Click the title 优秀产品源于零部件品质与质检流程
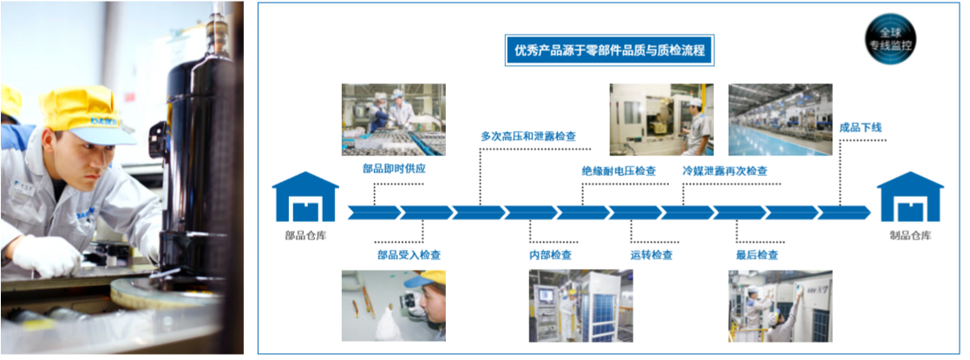(609, 50)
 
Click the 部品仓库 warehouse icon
(305, 197)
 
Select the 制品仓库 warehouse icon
(909, 197)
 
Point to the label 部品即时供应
(394, 169)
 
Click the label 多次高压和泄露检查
(528, 136)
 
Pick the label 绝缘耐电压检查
(619, 171)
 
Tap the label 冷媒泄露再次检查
(724, 171)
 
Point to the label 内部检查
(550, 255)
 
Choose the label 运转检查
(651, 255)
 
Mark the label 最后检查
(756, 255)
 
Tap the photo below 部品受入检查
(393, 305)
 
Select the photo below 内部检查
(580, 305)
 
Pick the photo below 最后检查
(780, 305)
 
